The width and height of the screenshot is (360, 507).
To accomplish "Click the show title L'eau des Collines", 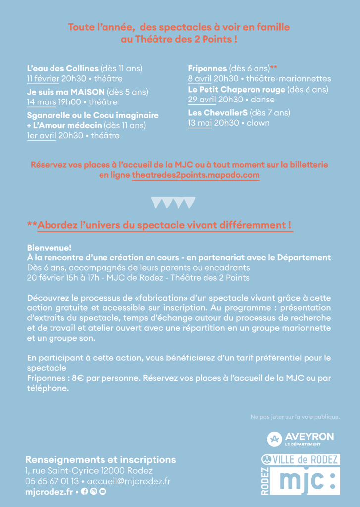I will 63,68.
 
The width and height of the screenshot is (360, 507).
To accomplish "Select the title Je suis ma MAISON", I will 66,92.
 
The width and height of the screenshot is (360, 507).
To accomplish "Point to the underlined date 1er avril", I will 41,135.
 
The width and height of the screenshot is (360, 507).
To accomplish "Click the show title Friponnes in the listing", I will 207,68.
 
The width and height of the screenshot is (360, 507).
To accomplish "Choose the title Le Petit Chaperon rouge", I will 237,90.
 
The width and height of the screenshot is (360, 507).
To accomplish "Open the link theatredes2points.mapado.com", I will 196,175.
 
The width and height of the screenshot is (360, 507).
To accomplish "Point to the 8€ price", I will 78,378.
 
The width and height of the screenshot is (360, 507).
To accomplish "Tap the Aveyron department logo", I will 301,438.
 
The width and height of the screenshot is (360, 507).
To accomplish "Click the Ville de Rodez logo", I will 301,459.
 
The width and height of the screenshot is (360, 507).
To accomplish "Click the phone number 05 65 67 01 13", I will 52,481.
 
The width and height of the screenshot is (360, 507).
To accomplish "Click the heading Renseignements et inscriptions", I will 101,459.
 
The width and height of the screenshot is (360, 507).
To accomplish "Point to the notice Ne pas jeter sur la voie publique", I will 295,417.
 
